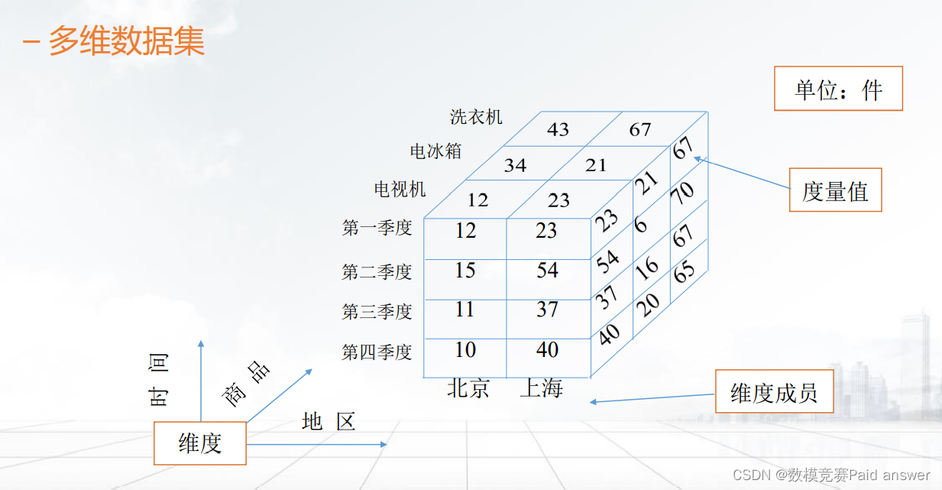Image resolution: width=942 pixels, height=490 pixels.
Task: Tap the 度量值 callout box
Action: point(835,190)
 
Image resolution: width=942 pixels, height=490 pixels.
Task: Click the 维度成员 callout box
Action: point(774,392)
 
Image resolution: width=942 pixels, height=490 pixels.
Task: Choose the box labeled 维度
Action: point(200,443)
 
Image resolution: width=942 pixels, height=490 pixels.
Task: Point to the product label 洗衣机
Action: point(476,117)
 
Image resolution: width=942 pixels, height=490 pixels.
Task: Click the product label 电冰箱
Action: point(435,151)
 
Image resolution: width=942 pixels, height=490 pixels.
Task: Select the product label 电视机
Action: point(400,189)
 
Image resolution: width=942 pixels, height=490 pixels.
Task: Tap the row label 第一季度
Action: point(377,228)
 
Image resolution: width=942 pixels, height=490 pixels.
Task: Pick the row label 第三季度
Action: point(377,312)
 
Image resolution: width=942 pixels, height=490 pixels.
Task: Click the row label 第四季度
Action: point(377,352)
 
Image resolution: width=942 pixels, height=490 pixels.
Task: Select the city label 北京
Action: point(468,388)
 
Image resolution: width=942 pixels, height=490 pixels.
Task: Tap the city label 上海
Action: point(541,388)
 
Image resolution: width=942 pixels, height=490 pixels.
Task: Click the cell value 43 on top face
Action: point(558,129)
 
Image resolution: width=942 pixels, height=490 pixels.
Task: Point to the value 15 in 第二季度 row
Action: point(465,271)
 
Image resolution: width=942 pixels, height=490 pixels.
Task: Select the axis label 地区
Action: point(329,421)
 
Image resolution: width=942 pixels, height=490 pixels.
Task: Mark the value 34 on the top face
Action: point(515,165)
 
